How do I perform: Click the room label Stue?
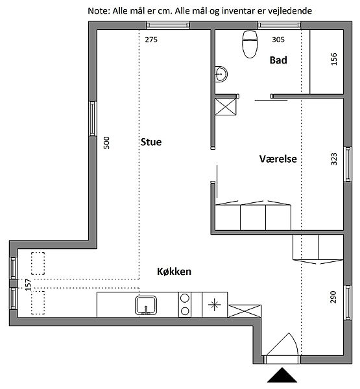pos(151,142)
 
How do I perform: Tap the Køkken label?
pos(174,272)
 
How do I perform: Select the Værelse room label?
pos(278,159)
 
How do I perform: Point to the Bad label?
pos(278,60)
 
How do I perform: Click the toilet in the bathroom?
pos(250,44)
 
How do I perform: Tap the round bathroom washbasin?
pos(221,74)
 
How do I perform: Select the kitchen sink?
pos(146,305)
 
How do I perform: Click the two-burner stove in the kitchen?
pos(185,305)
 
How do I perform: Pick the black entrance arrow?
pos(282,375)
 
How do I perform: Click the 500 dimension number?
pos(106,143)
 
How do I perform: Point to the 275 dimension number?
pos(151,40)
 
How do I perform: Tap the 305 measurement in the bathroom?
pos(278,40)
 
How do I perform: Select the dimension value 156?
pos(334,59)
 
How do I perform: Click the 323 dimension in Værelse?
pos(334,159)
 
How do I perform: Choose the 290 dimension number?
pos(333,297)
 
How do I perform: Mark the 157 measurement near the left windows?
pos(29,285)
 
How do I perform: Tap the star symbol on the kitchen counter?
pos(215,305)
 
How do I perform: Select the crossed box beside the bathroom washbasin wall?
pos(226,107)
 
